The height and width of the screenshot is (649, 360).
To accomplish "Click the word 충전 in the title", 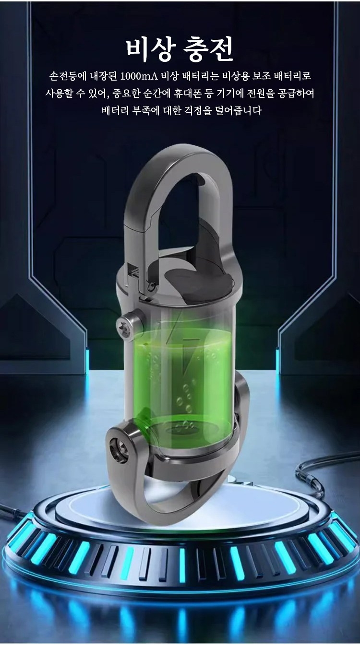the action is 209,50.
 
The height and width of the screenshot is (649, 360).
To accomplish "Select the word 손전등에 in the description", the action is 68,76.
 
